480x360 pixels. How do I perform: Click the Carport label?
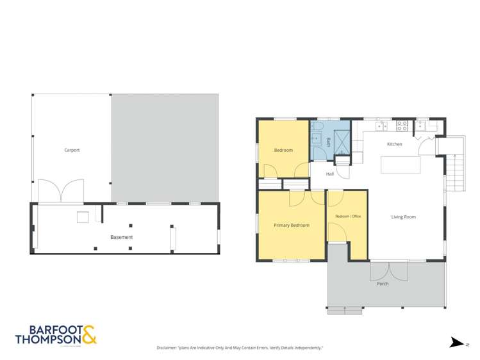pyautogui.click(x=72, y=150)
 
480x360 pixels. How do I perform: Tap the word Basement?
pyautogui.click(x=121, y=237)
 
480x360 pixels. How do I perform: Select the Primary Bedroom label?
pyautogui.click(x=291, y=225)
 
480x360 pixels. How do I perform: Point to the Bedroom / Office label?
pyautogui.click(x=348, y=217)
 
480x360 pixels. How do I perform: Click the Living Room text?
pyautogui.click(x=404, y=217)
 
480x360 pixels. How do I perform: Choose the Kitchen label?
pyautogui.click(x=395, y=144)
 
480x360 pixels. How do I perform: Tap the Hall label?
pyautogui.click(x=330, y=174)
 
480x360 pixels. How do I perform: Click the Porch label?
pyautogui.click(x=383, y=284)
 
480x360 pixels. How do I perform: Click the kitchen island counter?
pyautogui.click(x=401, y=165)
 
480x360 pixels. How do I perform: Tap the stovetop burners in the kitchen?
pyautogui.click(x=402, y=126)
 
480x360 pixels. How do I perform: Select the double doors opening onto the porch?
pyautogui.click(x=388, y=271)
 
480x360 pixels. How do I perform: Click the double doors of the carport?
pyautogui.click(x=61, y=191)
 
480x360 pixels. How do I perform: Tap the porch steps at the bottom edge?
pyautogui.click(x=345, y=310)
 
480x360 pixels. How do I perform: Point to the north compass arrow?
pyautogui.click(x=457, y=343)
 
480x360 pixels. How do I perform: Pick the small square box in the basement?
pyautogui.click(x=83, y=217)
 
